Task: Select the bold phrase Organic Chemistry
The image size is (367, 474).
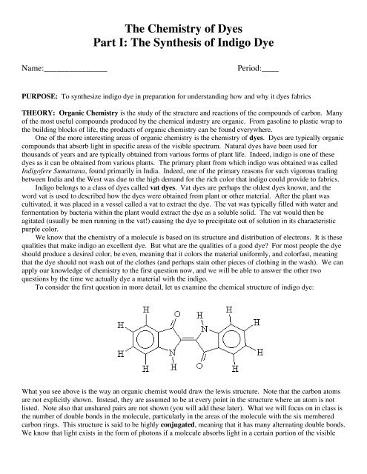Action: pyautogui.click(x=88, y=115)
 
